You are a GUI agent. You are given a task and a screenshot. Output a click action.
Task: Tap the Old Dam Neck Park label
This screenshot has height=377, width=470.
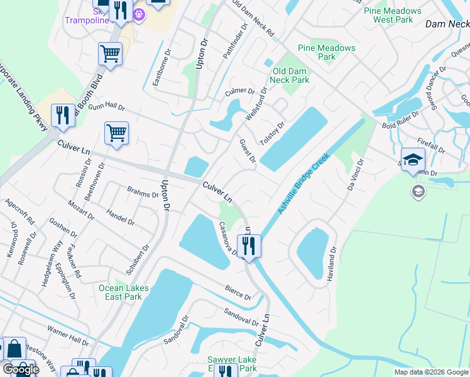[x=290, y=75]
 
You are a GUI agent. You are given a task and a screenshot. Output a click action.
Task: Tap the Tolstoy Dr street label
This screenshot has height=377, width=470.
[x=273, y=133]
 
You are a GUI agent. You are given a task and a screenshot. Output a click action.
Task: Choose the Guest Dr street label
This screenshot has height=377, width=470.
[x=248, y=151]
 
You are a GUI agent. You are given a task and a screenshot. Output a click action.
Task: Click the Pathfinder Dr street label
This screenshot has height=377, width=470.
[x=232, y=45]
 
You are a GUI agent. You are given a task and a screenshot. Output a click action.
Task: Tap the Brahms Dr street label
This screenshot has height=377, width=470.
[x=143, y=191]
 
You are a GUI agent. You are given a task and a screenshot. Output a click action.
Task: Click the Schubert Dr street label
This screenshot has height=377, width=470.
[x=137, y=260]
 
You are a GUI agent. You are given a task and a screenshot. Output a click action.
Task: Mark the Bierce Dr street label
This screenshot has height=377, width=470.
[x=238, y=293]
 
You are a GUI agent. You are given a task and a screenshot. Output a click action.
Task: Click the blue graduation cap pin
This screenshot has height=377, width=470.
[x=413, y=160]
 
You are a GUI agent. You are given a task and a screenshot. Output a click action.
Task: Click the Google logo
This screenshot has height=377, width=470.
[x=20, y=369]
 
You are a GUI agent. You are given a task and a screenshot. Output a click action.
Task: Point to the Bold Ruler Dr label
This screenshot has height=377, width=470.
[x=400, y=121]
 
